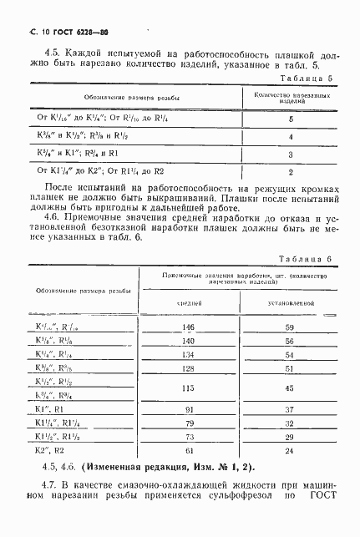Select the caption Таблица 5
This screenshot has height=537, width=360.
tap(309, 78)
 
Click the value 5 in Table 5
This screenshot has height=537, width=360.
tap(290, 119)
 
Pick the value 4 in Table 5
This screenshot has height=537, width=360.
tap(290, 136)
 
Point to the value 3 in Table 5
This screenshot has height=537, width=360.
tap(290, 155)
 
